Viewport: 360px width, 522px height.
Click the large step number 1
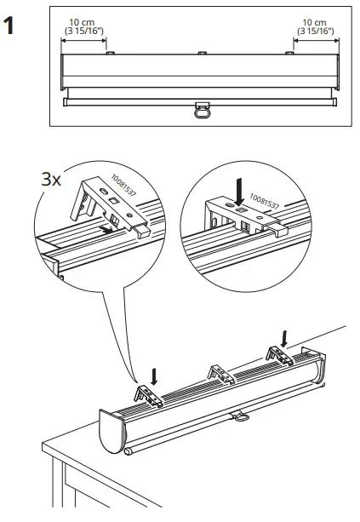point(9,26)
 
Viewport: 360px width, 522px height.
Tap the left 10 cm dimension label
point(82,22)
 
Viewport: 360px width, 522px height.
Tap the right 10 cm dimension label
point(314,22)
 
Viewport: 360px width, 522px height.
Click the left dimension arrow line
point(83,40)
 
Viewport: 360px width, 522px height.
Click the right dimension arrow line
point(316,40)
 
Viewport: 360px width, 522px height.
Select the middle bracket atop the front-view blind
point(203,53)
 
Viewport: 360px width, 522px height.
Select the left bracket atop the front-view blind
point(110,53)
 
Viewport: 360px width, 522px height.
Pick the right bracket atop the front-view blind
point(289,53)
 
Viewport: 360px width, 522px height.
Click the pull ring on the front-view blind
point(203,113)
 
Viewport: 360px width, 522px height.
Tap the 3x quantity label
point(51,181)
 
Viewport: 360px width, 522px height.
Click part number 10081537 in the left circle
point(123,185)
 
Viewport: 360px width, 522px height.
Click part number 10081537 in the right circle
point(264,201)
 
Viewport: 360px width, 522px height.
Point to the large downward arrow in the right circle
point(239,192)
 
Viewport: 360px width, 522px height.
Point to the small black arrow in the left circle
point(107,229)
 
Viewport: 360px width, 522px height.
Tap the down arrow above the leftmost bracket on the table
point(153,376)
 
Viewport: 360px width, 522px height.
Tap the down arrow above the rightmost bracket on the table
point(283,338)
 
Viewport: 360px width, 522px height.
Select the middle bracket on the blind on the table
point(221,374)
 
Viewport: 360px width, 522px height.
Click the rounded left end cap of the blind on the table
point(112,432)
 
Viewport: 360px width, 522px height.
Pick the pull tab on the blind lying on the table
point(239,416)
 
